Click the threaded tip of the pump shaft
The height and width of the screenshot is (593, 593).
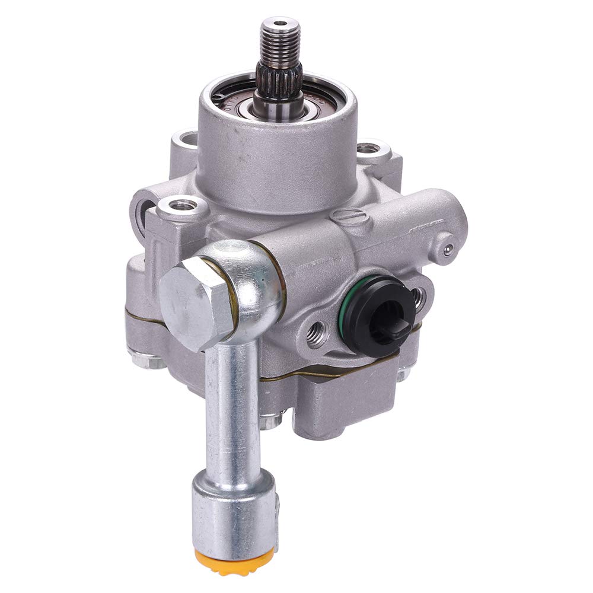tap(277, 42)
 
